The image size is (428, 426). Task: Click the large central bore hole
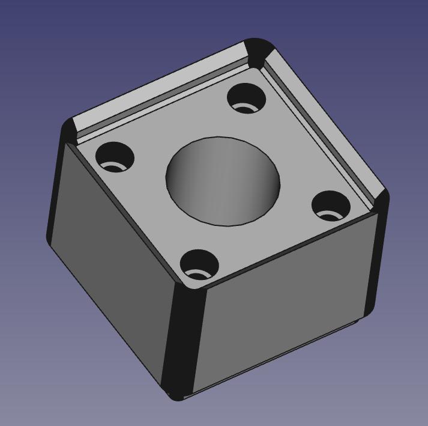coord(223,181)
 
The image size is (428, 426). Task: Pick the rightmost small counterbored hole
coord(331,205)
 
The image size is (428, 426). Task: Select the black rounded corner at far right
coord(381,201)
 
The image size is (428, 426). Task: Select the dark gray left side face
coord(114,258)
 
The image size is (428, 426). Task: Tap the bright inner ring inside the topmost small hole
coord(245,108)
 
